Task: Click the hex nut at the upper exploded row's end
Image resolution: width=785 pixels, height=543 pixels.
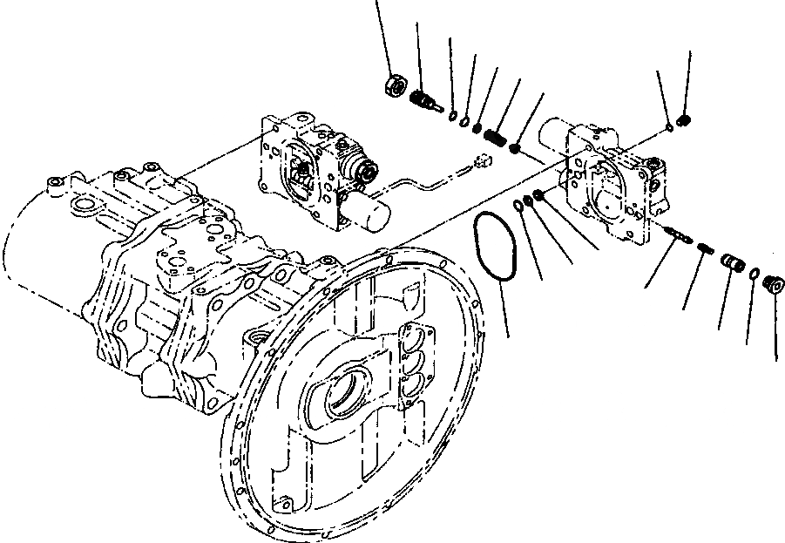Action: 393,85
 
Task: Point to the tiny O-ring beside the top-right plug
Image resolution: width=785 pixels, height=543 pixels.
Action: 668,129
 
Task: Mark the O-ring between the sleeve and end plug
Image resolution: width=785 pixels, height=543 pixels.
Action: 752,275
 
